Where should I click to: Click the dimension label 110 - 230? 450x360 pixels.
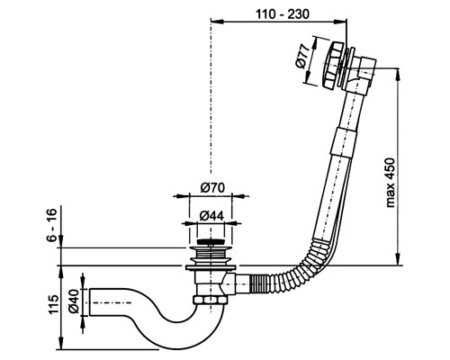[x=282, y=13]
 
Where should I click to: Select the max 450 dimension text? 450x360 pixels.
[x=391, y=183]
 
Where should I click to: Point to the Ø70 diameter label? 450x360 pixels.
[x=212, y=188]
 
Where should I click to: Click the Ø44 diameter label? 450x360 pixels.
[x=211, y=215]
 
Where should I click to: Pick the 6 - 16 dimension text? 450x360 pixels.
[x=51, y=225]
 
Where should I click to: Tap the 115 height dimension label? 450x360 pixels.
[x=53, y=304]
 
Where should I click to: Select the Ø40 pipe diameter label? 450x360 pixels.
[x=74, y=301]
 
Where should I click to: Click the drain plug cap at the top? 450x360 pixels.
[x=211, y=241]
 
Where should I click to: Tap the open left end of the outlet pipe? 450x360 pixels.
[x=90, y=302]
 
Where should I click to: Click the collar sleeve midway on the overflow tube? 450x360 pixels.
[x=342, y=141]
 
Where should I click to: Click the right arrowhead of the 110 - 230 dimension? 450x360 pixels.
[x=343, y=21]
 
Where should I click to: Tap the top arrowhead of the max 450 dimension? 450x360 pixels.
[x=398, y=73]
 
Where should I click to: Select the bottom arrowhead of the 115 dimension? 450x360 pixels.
[x=61, y=346]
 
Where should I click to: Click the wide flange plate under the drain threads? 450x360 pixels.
[x=211, y=267]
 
